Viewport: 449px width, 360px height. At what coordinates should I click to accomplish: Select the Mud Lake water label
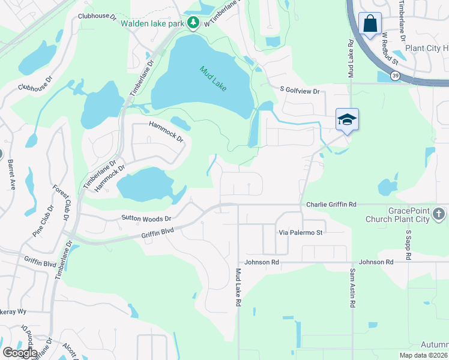tap(213, 78)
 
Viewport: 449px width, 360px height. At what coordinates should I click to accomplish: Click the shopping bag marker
tap(370, 25)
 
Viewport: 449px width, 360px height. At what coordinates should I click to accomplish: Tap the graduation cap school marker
tap(347, 120)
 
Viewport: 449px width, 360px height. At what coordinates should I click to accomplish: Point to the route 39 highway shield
tap(394, 76)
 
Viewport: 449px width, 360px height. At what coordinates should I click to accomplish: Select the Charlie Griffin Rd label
tap(331, 205)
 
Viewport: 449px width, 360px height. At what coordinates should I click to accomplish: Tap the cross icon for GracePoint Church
tap(439, 214)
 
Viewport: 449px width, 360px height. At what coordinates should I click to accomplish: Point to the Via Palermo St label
tap(301, 232)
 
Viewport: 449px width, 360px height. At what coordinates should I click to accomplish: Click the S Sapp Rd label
tap(408, 244)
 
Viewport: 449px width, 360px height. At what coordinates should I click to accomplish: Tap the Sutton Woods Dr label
tap(146, 219)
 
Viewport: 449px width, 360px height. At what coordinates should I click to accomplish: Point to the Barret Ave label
tap(10, 174)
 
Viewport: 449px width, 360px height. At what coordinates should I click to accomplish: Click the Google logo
tap(20, 353)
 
